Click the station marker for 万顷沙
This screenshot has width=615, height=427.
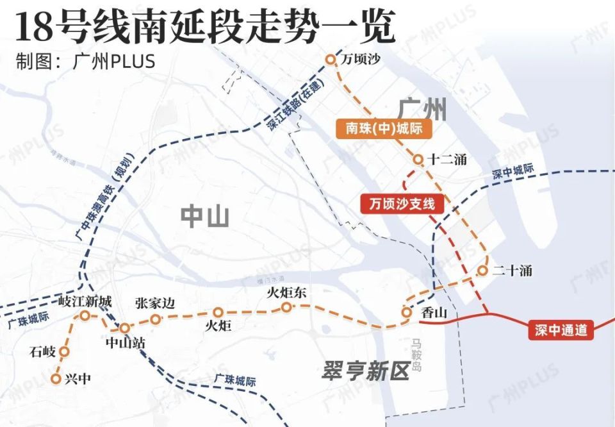(x=331, y=60)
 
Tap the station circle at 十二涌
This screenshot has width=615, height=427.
(x=418, y=159)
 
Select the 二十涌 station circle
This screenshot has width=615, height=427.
(x=482, y=271)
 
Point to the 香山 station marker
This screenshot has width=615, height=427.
(x=406, y=312)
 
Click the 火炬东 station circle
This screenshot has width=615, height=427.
(x=286, y=308)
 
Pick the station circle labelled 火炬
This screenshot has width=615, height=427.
(x=218, y=313)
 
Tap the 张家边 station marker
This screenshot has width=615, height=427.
(x=155, y=319)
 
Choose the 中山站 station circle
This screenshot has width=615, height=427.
(x=125, y=328)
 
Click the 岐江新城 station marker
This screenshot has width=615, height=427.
(x=85, y=315)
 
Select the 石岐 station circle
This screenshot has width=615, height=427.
(x=64, y=351)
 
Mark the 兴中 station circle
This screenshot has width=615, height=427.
(x=56, y=378)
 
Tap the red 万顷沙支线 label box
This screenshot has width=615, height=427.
(x=402, y=204)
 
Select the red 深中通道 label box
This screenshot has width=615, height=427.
(x=561, y=330)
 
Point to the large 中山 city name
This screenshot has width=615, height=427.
(x=204, y=217)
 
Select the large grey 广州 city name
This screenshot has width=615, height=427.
(x=422, y=108)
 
